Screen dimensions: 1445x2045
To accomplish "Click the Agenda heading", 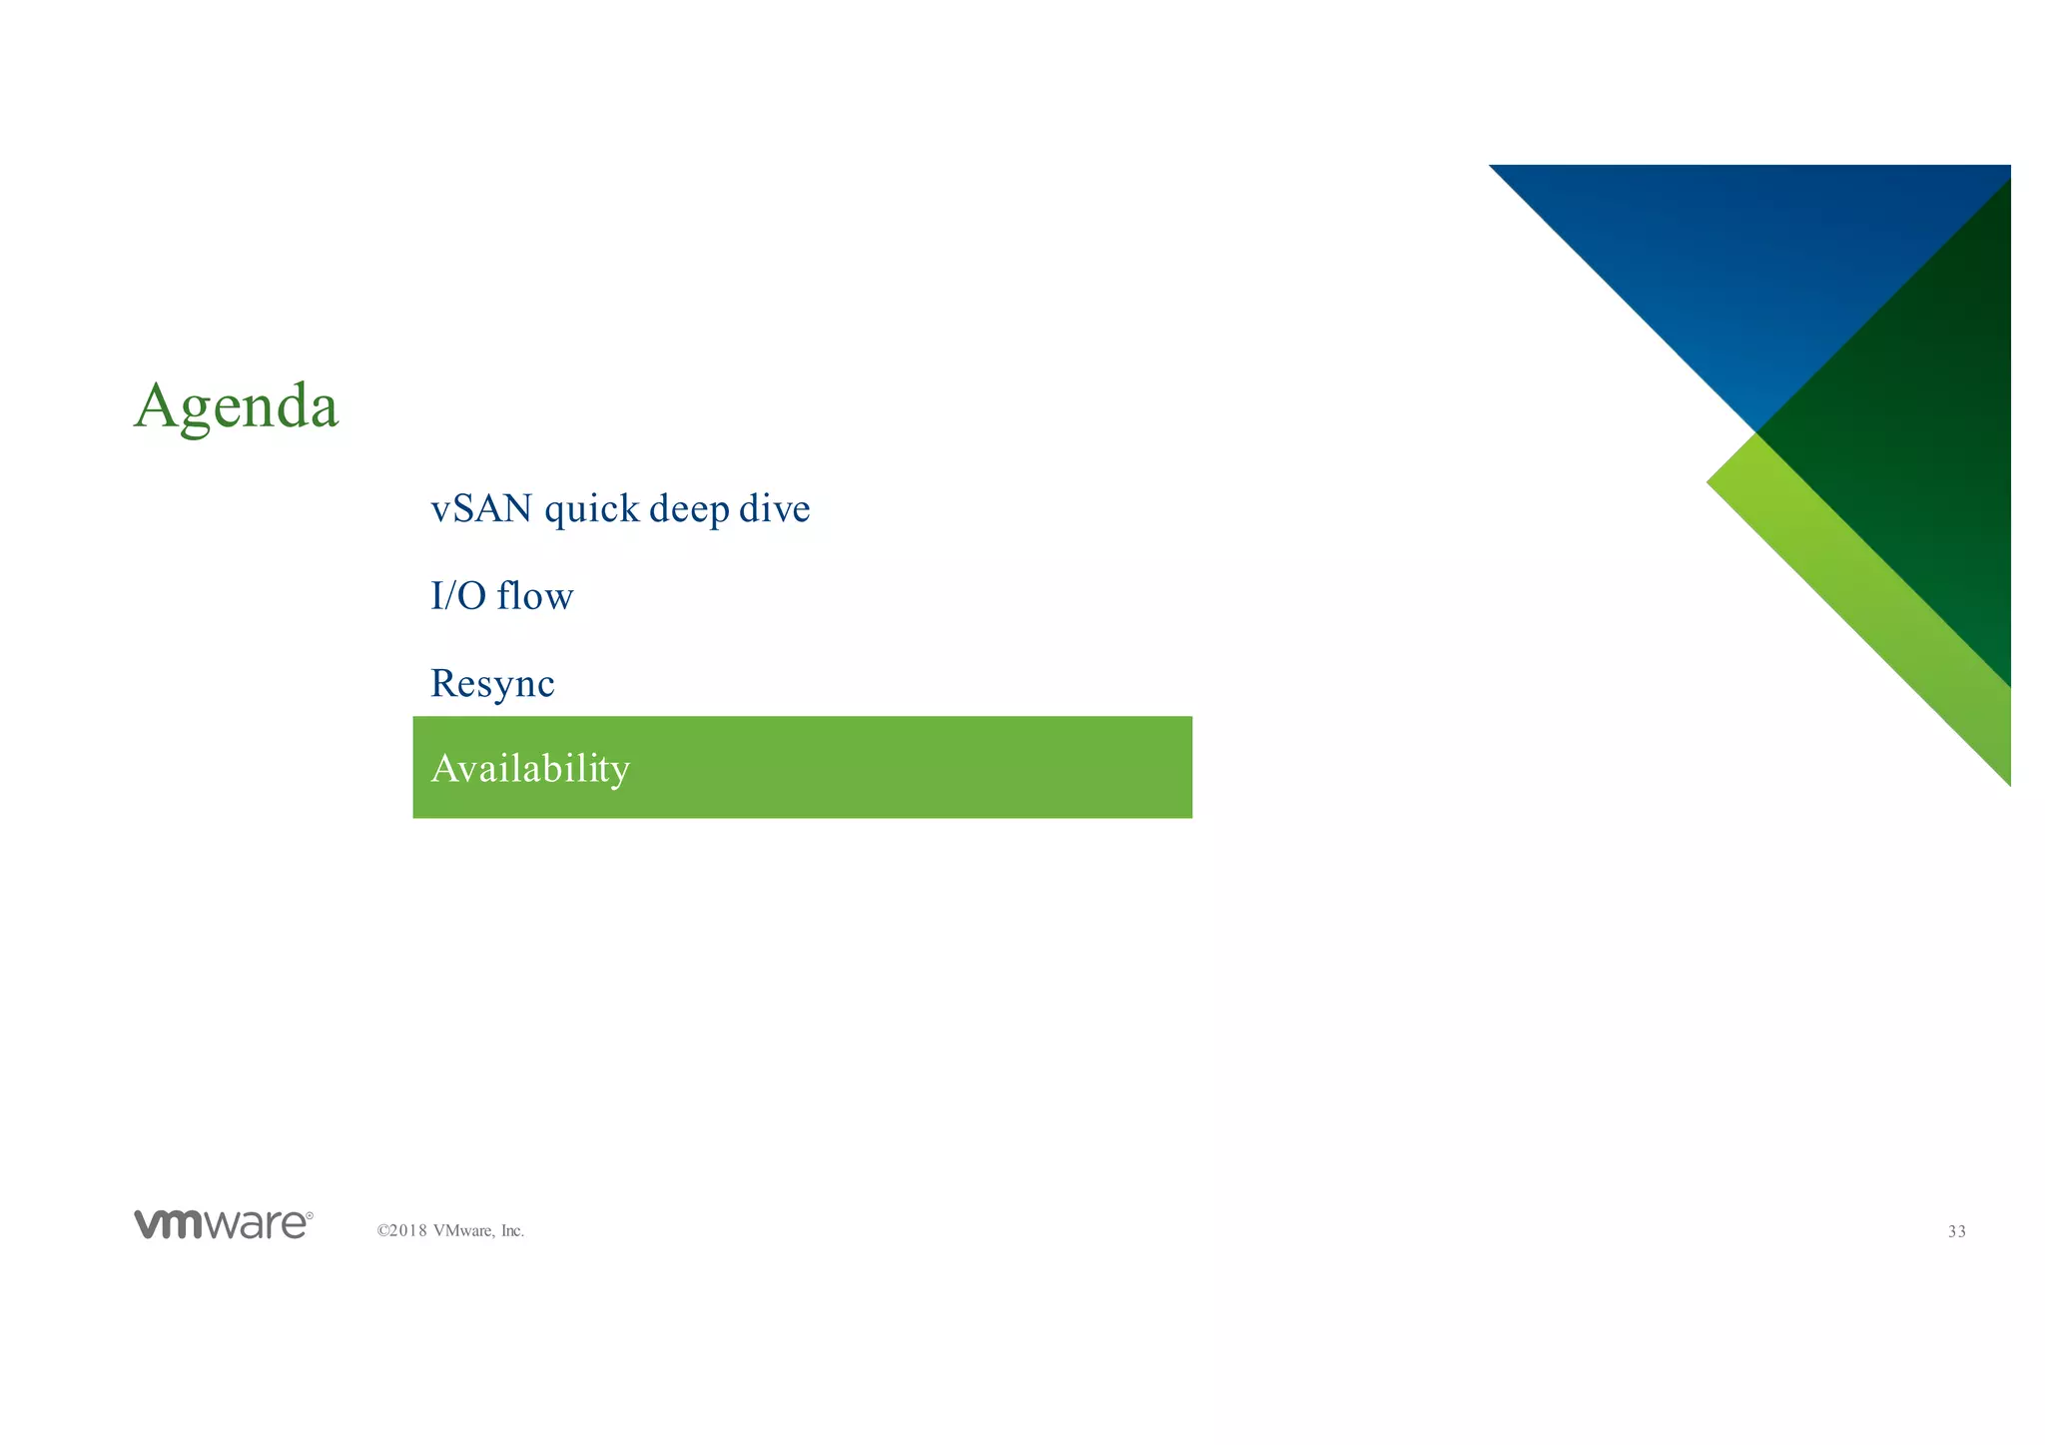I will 236,406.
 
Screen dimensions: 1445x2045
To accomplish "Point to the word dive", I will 774,509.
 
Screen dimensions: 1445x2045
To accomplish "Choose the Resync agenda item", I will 492,684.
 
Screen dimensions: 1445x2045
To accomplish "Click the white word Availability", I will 530,769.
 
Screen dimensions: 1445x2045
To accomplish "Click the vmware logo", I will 222,1225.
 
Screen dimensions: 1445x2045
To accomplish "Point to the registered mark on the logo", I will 310,1216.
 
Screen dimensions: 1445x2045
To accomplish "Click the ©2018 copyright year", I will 402,1231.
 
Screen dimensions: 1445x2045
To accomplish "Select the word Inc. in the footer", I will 511,1231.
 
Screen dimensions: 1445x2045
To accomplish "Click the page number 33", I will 1956,1232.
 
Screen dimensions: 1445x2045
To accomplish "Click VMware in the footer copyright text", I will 463,1231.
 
